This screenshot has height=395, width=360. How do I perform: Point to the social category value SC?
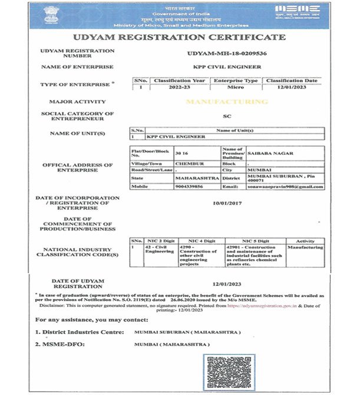pyautogui.click(x=228, y=117)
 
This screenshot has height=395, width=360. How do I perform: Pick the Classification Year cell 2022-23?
pyautogui.click(x=179, y=87)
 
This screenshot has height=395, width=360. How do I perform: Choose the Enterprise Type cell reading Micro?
pyautogui.click(x=235, y=87)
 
